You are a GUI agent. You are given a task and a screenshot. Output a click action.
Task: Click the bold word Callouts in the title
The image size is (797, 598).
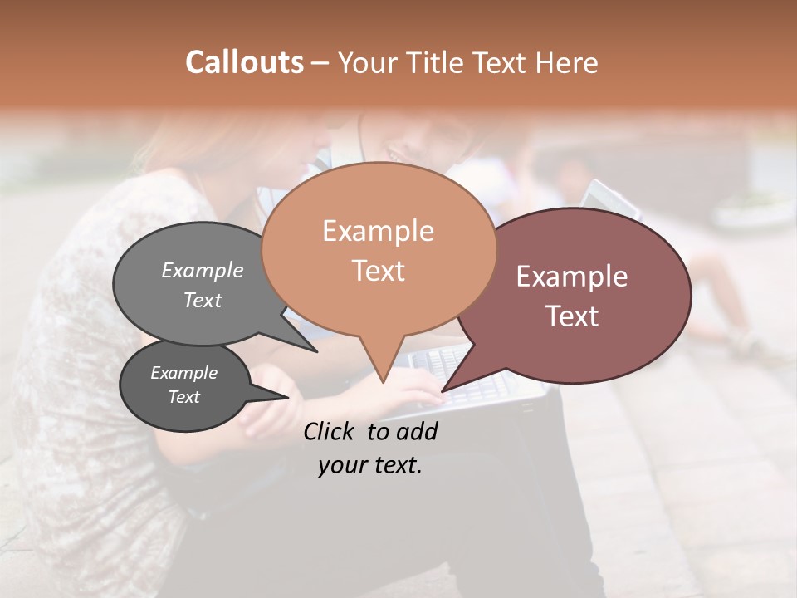[x=244, y=62]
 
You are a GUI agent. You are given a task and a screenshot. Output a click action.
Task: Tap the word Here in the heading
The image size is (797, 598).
[x=568, y=63]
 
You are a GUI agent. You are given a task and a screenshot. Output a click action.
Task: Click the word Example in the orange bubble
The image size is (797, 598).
[x=378, y=231]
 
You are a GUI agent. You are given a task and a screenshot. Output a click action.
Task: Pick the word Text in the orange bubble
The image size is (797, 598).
[x=378, y=271]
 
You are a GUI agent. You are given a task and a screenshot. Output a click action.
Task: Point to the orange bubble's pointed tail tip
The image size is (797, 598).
[x=383, y=382]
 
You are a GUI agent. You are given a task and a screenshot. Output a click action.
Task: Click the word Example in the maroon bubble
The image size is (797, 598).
[x=572, y=277]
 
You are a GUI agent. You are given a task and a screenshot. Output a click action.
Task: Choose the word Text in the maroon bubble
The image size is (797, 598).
[x=572, y=316]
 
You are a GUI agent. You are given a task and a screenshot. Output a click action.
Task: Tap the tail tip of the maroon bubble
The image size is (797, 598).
[x=443, y=390]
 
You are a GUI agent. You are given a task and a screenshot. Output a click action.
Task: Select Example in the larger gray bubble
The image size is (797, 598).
[x=203, y=270]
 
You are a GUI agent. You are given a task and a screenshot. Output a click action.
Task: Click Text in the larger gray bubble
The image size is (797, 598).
[x=203, y=300]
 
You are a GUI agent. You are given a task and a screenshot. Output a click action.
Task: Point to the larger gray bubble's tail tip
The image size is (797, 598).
[x=317, y=351]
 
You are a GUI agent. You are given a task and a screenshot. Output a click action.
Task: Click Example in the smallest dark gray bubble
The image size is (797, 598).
[x=184, y=373]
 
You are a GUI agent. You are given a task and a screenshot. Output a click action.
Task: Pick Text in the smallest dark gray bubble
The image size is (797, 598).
[x=184, y=397]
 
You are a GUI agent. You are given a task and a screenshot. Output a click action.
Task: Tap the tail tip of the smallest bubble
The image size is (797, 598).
[x=289, y=397]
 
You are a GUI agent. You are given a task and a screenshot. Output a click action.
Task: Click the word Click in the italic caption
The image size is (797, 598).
[x=330, y=431]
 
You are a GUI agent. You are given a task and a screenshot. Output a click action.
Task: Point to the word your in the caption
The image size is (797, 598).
[x=343, y=465]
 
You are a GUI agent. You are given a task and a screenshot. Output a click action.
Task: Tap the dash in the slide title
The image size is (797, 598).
[x=321, y=63]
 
